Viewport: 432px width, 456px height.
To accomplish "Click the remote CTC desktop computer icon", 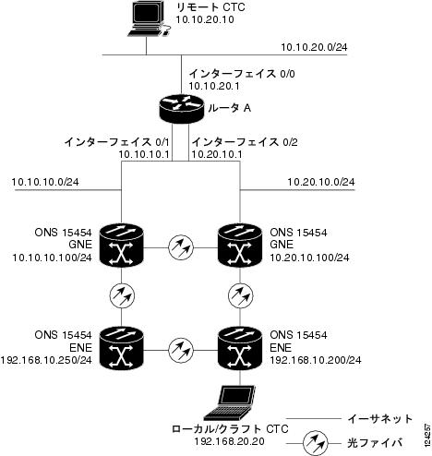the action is [x=149, y=19].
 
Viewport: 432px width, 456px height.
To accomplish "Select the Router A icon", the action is [x=181, y=108].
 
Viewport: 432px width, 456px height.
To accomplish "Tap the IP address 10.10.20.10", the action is [x=205, y=19].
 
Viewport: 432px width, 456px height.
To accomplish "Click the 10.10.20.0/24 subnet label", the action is [x=314, y=47].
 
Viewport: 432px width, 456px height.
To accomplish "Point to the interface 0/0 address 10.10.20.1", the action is [x=214, y=86].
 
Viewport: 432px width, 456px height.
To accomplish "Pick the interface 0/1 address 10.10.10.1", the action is [x=144, y=154].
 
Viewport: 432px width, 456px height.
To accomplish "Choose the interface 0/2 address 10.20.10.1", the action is [x=217, y=154].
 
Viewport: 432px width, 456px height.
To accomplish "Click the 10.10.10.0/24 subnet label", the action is [x=45, y=182].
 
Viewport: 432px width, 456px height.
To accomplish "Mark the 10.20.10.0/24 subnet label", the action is [x=321, y=182].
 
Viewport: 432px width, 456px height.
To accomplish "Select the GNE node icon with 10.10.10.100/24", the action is [x=122, y=246].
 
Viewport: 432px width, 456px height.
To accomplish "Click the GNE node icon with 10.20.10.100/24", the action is [x=240, y=246].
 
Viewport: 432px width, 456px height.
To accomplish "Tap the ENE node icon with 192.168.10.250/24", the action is [x=122, y=348].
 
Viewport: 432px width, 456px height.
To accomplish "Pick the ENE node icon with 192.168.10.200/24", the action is [x=240, y=348].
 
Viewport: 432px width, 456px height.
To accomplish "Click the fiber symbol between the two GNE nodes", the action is [x=181, y=247].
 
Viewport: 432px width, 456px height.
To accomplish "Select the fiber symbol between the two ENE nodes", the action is [x=181, y=350].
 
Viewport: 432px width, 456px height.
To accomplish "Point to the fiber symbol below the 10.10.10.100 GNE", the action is [x=122, y=295].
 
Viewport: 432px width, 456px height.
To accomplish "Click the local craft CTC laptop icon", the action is [x=230, y=402].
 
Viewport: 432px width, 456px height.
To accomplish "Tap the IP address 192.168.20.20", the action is [x=229, y=441].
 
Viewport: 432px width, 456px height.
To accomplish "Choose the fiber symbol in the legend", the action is [x=315, y=443].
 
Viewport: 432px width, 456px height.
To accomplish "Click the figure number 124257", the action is [x=427, y=435].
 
